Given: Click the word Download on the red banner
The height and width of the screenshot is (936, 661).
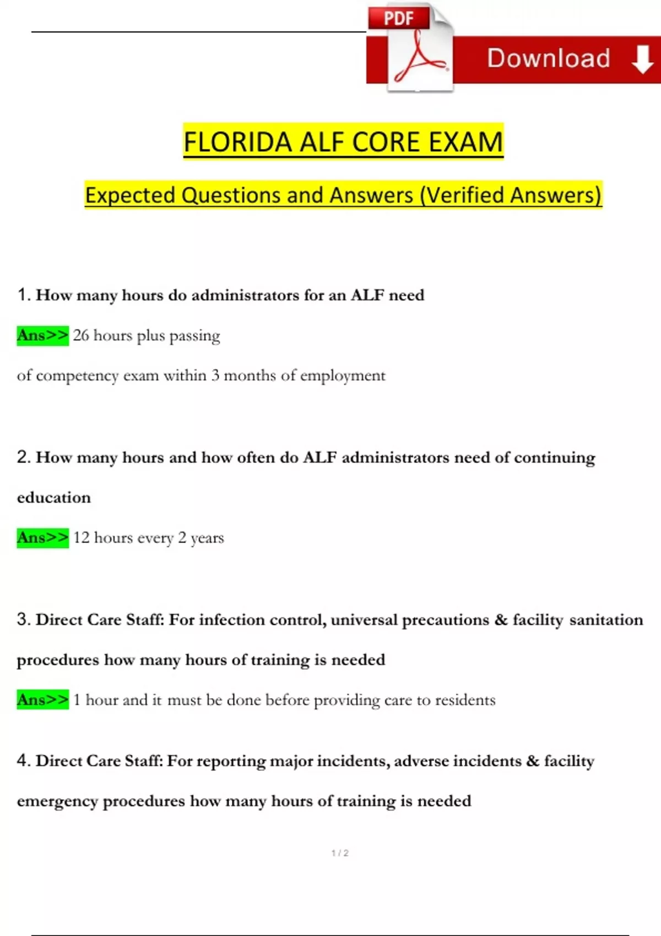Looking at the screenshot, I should pyautogui.click(x=549, y=58).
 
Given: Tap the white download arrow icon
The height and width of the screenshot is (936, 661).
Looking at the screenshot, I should pyautogui.click(x=642, y=59).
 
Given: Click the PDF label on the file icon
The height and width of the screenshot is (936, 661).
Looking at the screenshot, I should pyautogui.click(x=398, y=19).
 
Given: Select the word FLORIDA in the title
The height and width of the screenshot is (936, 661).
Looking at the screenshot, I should pyautogui.click(x=237, y=142).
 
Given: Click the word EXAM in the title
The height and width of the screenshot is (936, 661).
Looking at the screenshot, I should pyautogui.click(x=465, y=142).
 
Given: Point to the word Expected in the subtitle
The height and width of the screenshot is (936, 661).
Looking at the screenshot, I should pyautogui.click(x=130, y=195).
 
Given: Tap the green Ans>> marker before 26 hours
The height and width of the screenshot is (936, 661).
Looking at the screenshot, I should pyautogui.click(x=42, y=335).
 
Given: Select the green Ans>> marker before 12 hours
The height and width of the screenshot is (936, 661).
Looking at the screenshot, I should pyautogui.click(x=42, y=537).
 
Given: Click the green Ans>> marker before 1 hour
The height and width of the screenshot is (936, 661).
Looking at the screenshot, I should pyautogui.click(x=42, y=700).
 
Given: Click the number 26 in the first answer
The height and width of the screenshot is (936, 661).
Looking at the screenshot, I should pyautogui.click(x=81, y=335).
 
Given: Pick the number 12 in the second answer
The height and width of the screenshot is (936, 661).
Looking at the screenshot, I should pyautogui.click(x=81, y=537).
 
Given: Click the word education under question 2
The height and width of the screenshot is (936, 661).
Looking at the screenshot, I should pyautogui.click(x=53, y=498).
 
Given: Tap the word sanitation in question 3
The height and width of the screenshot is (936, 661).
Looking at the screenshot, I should pyautogui.click(x=606, y=620).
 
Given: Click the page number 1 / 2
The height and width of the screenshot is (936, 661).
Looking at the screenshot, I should pyautogui.click(x=340, y=853).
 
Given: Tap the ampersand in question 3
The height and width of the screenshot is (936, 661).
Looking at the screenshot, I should pyautogui.click(x=501, y=620).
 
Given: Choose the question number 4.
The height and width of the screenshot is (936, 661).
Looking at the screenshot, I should pyautogui.click(x=23, y=760).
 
